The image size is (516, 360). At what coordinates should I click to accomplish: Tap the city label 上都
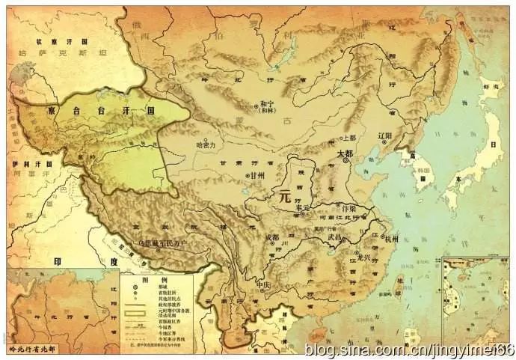[350, 138]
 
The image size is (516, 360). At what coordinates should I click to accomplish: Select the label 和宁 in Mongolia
[267, 105]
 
